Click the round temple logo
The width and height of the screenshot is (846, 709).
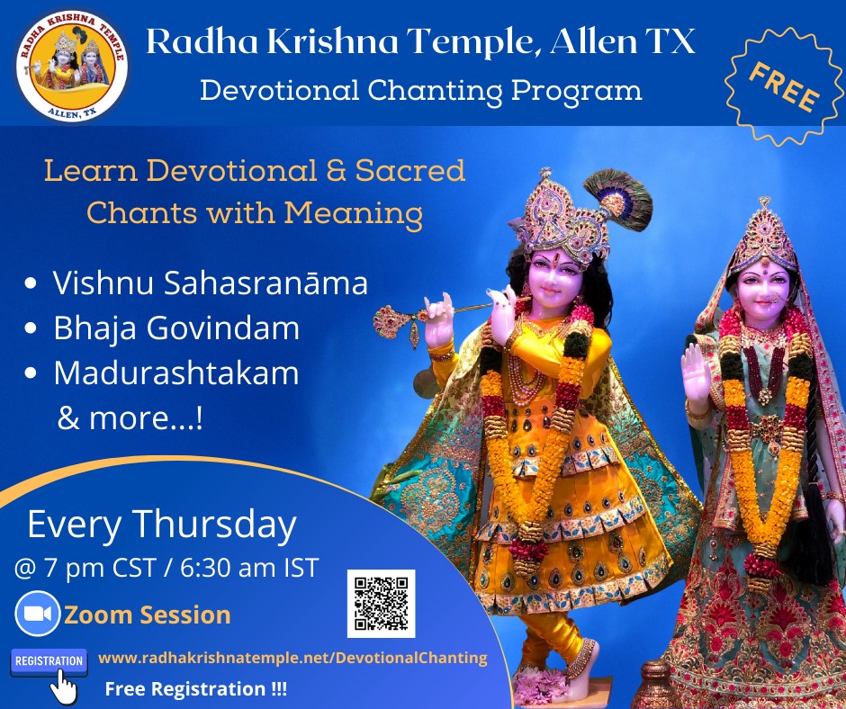71,64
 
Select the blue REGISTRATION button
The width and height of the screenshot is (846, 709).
49,661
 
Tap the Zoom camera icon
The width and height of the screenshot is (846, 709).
37,615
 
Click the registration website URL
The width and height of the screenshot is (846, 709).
292,658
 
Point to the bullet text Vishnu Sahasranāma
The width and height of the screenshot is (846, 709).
210,283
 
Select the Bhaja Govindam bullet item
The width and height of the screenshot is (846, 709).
176,328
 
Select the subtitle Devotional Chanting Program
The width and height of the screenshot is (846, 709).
420,90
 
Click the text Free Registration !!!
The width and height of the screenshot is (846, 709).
196,689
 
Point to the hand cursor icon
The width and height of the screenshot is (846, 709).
62,687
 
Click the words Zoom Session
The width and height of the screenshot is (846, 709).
147,615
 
